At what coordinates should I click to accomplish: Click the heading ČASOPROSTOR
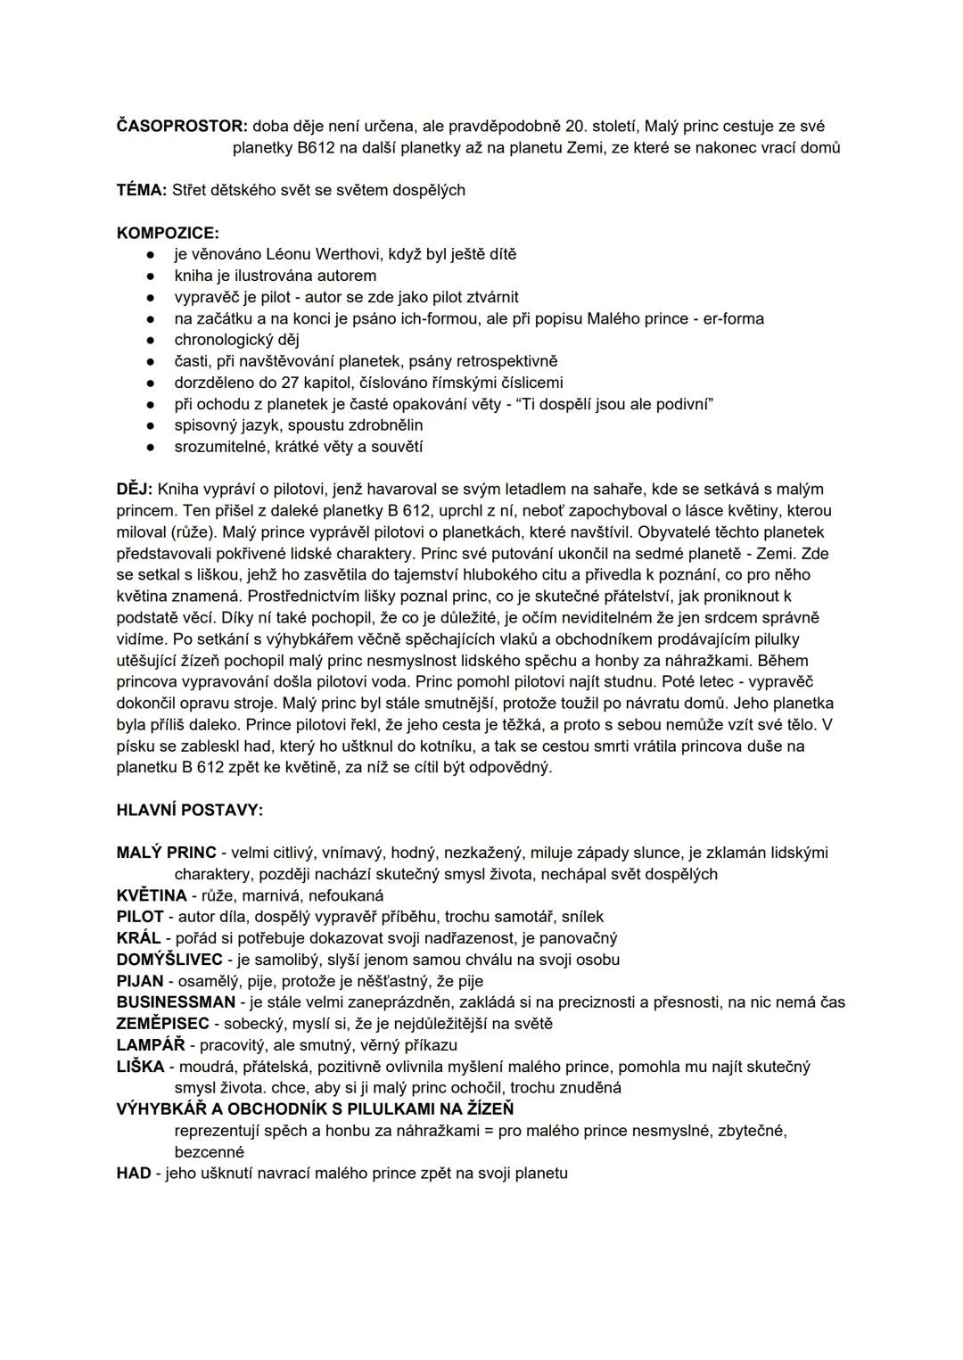pos(181,127)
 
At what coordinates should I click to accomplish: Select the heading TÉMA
pos(141,190)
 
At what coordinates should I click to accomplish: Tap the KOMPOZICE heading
pos(168,233)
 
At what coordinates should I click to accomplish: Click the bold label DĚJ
pos(134,490)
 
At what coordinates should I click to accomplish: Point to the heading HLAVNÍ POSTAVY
pos(189,811)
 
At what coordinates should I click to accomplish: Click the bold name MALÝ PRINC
pos(166,853)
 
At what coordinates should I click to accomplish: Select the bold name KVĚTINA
pos(152,895)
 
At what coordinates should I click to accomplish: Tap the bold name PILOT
pos(140,917)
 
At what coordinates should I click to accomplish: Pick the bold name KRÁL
pos(138,938)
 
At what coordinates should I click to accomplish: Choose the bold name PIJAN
pos(140,981)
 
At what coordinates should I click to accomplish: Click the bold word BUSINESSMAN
pos(176,1002)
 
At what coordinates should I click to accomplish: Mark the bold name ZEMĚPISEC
pos(162,1024)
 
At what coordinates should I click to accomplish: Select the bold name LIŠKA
pos(140,1067)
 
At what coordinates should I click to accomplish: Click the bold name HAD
pos(134,1174)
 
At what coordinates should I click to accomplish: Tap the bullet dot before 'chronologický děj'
pos(152,340)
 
